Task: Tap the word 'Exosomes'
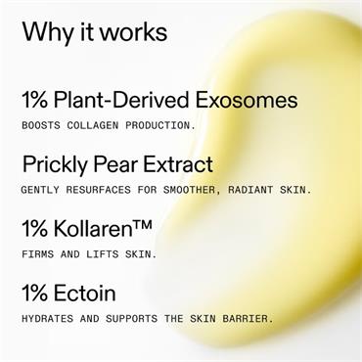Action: pyautogui.click(x=249, y=100)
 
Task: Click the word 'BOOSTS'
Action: pyautogui.click(x=42, y=125)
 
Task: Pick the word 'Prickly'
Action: pyautogui.click(x=55, y=163)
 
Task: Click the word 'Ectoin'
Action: pyautogui.click(x=84, y=293)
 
